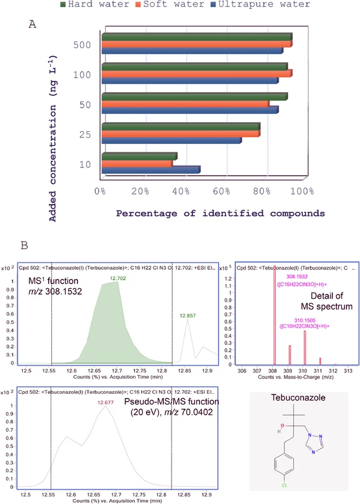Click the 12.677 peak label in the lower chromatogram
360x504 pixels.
click(106, 402)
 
